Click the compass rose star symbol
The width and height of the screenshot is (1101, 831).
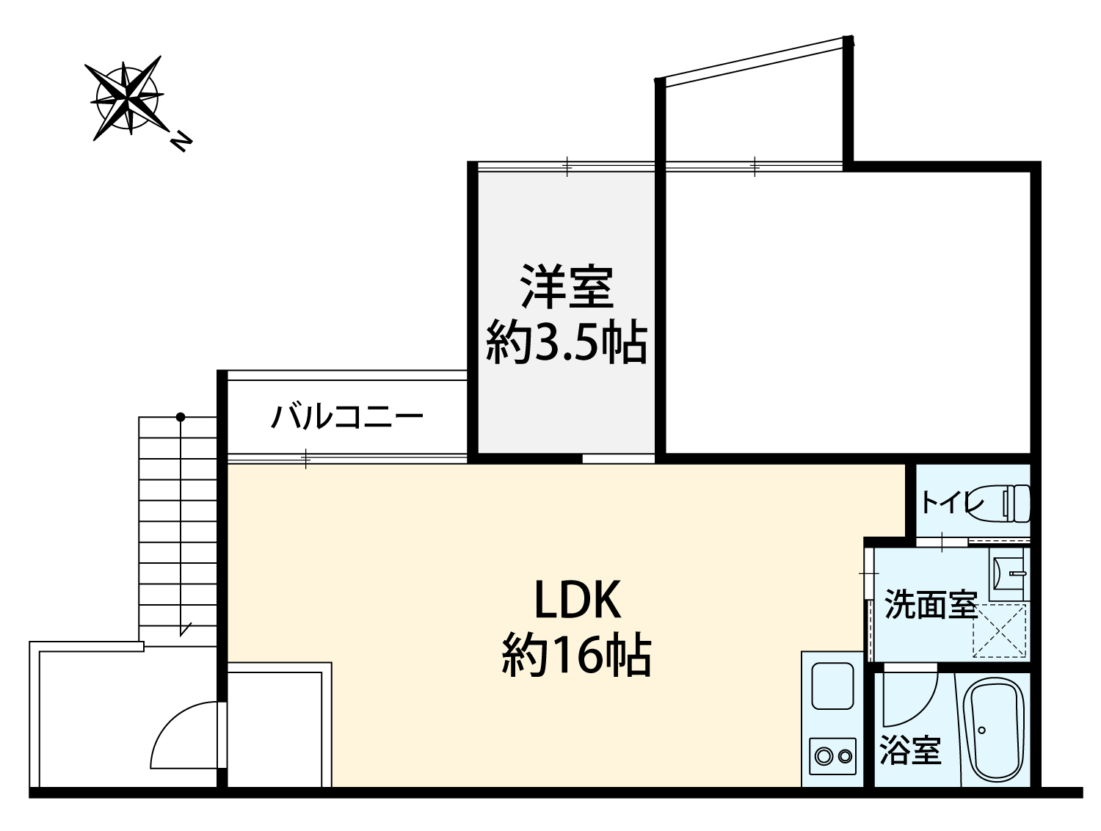(126, 98)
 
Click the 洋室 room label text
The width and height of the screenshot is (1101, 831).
(567, 286)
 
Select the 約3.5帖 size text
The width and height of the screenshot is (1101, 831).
(567, 343)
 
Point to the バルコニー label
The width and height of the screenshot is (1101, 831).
(347, 415)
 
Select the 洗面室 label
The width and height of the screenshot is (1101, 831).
(931, 604)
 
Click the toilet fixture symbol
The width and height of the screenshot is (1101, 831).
(1007, 503)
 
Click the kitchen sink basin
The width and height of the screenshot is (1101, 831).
(832, 686)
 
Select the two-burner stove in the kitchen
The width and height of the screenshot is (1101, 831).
(832, 756)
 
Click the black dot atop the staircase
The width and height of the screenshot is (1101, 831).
(181, 417)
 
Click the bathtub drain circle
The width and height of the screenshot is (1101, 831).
(981, 730)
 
